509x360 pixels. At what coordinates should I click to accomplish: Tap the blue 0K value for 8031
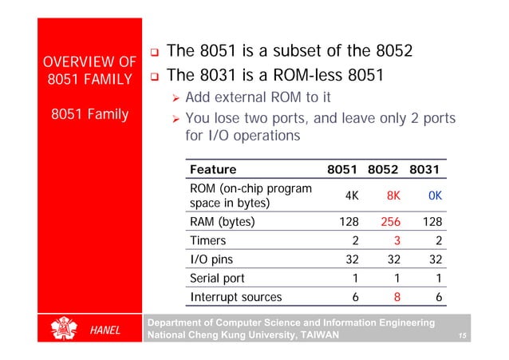point(435,196)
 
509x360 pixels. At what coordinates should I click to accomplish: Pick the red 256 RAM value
point(389,222)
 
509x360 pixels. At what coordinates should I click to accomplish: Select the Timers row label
point(208,241)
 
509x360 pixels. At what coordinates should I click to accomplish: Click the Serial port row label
point(218,279)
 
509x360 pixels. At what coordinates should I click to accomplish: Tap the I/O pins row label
point(211,259)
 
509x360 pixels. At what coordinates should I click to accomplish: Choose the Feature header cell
point(213,169)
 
